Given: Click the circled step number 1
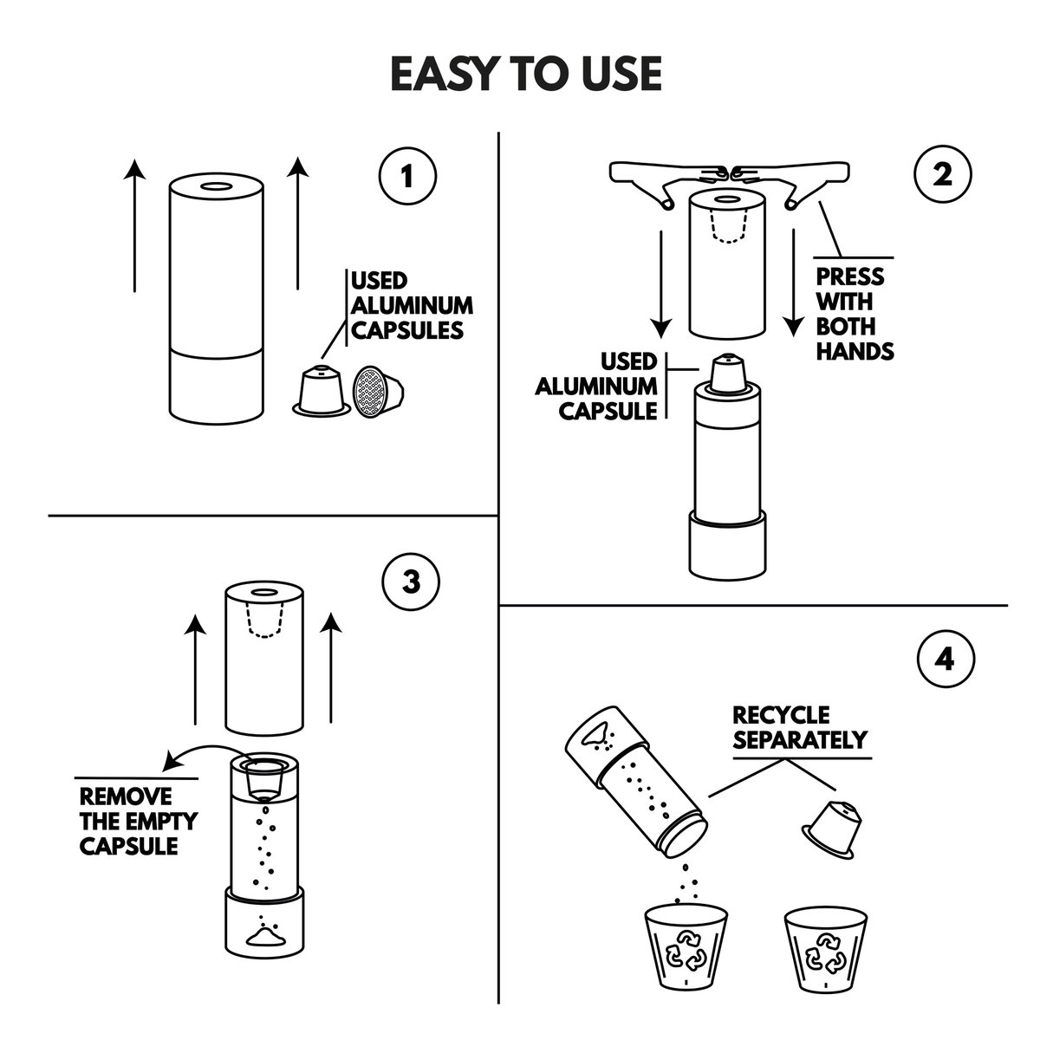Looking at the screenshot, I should [x=406, y=178].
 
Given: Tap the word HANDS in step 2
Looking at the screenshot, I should [x=856, y=351].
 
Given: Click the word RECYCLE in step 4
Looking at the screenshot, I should [x=781, y=716].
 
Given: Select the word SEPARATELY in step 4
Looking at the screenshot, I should [x=800, y=739].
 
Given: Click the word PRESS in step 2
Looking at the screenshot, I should [x=851, y=277].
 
